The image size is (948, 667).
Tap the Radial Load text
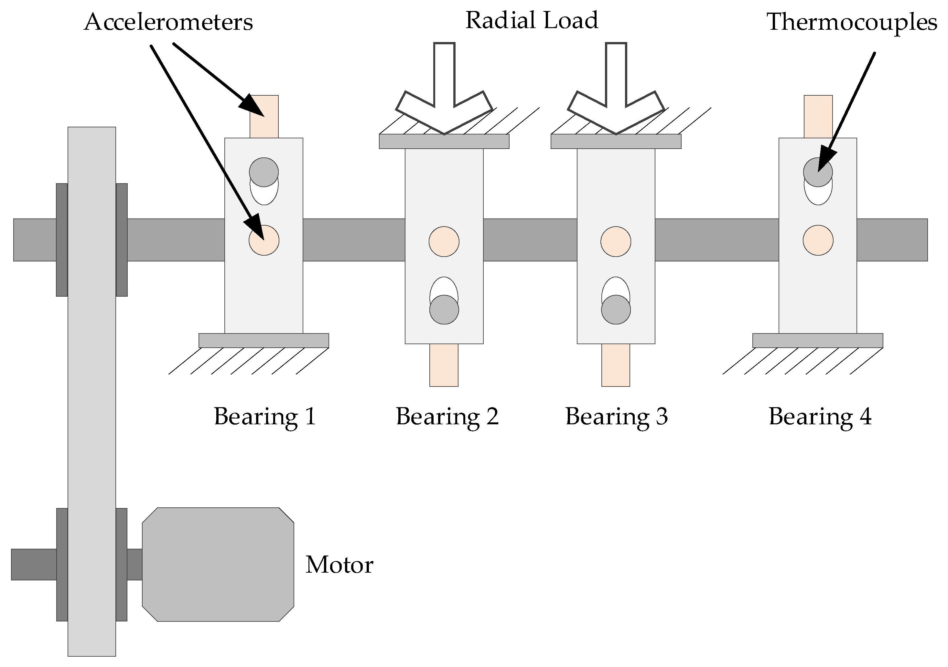[532, 20]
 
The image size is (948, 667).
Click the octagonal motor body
[218, 564]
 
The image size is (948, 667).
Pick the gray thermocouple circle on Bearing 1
[264, 172]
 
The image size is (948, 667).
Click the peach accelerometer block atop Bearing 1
[264, 117]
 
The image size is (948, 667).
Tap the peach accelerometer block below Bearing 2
[444, 365]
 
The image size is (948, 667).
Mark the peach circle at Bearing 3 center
[616, 241]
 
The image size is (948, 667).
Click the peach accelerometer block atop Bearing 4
[818, 117]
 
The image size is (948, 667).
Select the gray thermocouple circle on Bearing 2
[444, 310]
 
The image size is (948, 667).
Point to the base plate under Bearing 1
[264, 341]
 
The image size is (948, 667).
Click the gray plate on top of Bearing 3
[616, 142]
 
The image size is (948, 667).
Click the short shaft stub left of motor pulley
[33, 564]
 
